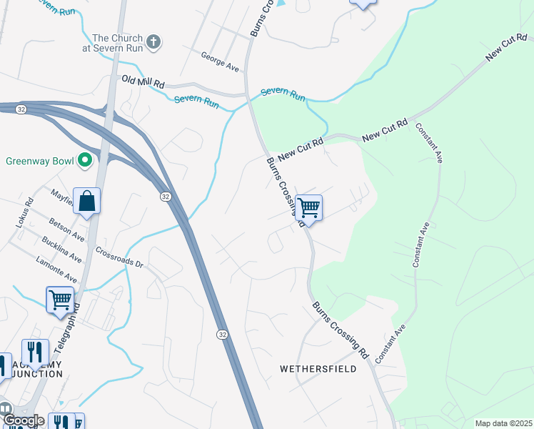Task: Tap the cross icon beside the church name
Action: pos(152,43)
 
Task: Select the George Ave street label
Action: pos(219,56)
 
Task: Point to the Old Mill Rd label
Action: pos(143,81)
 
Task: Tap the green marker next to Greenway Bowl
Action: pos(85,159)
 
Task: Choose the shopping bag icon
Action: pos(86,201)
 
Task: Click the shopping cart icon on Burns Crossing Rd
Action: pos(308,208)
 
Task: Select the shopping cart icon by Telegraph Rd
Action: pos(60,299)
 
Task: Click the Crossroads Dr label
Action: pos(119,258)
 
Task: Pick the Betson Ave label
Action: pos(67,227)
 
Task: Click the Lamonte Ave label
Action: pos(56,268)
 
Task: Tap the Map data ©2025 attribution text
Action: pos(503,423)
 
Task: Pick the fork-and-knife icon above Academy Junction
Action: pos(35,351)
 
